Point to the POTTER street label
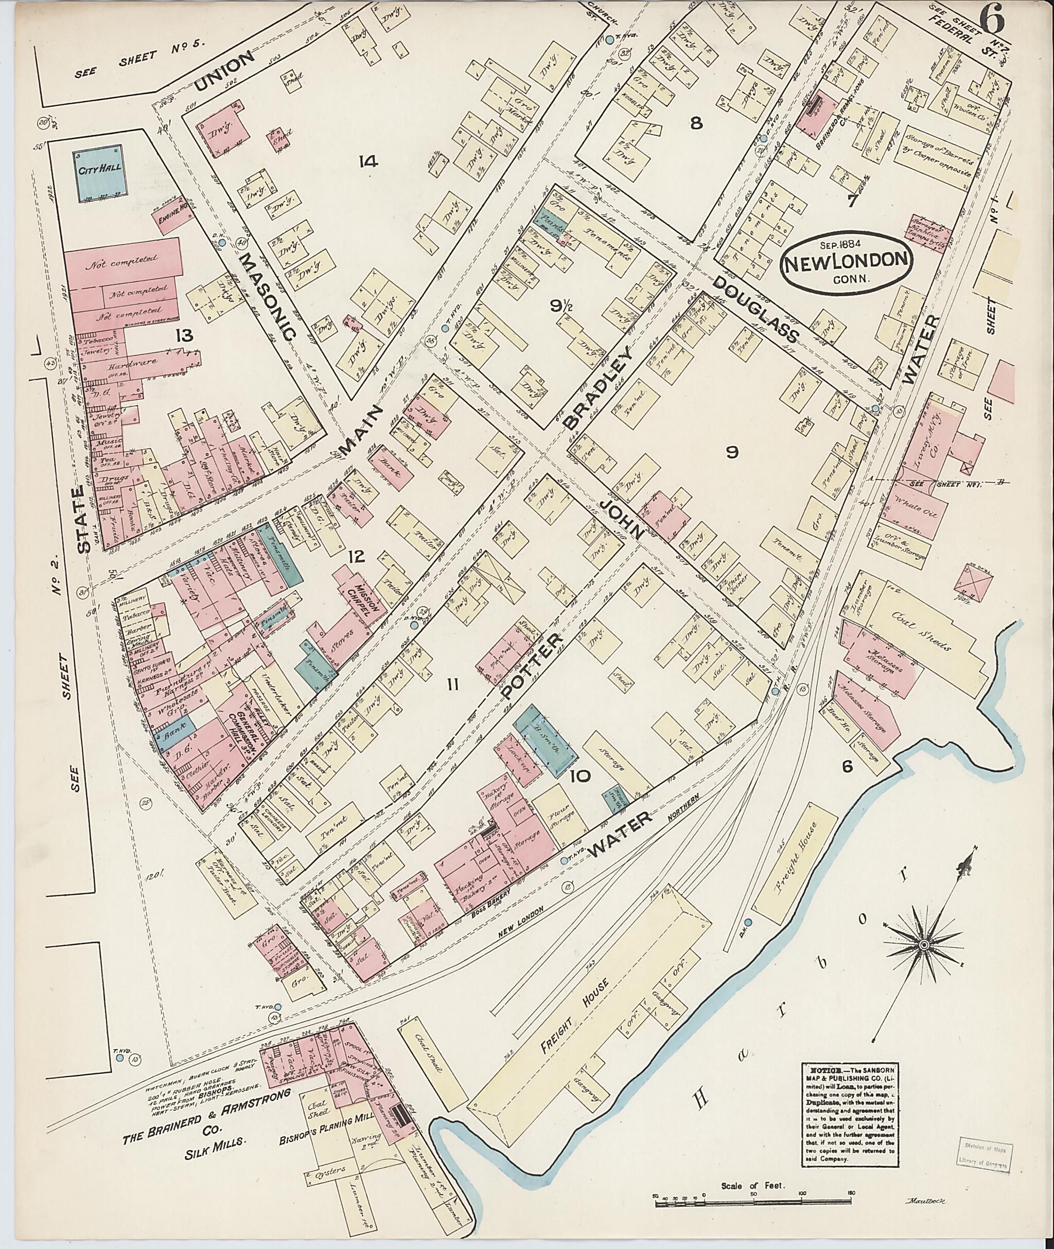[532, 666]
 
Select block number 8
[695, 123]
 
